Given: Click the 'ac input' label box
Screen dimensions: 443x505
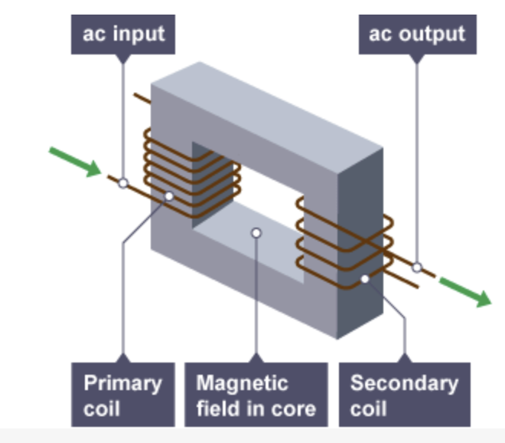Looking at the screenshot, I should pos(122,34).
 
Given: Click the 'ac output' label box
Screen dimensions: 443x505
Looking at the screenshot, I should pos(416,34).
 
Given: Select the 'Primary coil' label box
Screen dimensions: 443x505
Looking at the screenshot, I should pos(122,394).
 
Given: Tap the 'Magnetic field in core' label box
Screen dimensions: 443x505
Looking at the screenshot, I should pos(256,394).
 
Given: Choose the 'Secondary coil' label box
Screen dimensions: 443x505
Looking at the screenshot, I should pos(404,394).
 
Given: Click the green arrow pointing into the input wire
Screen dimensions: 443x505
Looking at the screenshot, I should pos(75,161).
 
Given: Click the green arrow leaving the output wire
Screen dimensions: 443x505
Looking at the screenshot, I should pos(464,292).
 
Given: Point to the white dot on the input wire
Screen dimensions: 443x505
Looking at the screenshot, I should pos(123,183).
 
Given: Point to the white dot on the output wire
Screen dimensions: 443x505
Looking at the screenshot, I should pos(417,267).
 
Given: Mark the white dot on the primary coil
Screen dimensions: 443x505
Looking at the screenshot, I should pos(169,196).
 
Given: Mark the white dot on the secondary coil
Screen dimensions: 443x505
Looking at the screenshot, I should pos(365,278).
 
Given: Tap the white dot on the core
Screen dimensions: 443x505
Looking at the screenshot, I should pos(256,232).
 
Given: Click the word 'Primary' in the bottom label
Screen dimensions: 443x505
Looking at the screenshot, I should pos(122,382).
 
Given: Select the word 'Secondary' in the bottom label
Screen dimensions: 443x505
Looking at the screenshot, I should pos(404,382).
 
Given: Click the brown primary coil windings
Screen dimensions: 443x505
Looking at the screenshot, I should pos(157,165).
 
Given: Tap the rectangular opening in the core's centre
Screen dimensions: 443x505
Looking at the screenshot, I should pos(230,188).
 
